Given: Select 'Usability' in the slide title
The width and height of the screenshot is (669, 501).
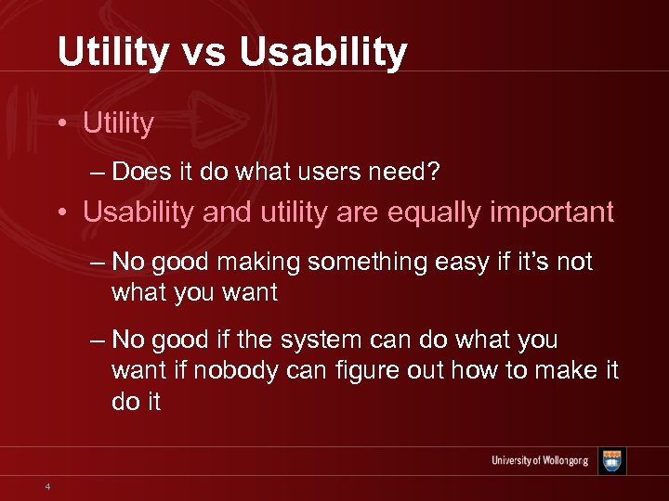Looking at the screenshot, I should [322, 53].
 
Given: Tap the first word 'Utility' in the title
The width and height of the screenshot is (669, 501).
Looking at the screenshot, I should [111, 53].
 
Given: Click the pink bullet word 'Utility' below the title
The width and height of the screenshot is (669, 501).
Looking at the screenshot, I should [118, 123].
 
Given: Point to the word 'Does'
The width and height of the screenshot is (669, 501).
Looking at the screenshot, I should [143, 172].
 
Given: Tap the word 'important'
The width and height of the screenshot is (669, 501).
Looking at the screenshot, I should [559, 212].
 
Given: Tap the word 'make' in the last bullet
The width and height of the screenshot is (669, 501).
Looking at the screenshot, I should [564, 372].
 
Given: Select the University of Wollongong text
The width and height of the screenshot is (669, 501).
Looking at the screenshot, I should [541, 461].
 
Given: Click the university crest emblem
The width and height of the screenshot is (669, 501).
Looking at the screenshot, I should [611, 461].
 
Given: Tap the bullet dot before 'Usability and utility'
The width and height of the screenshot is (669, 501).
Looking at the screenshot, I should [62, 212].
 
